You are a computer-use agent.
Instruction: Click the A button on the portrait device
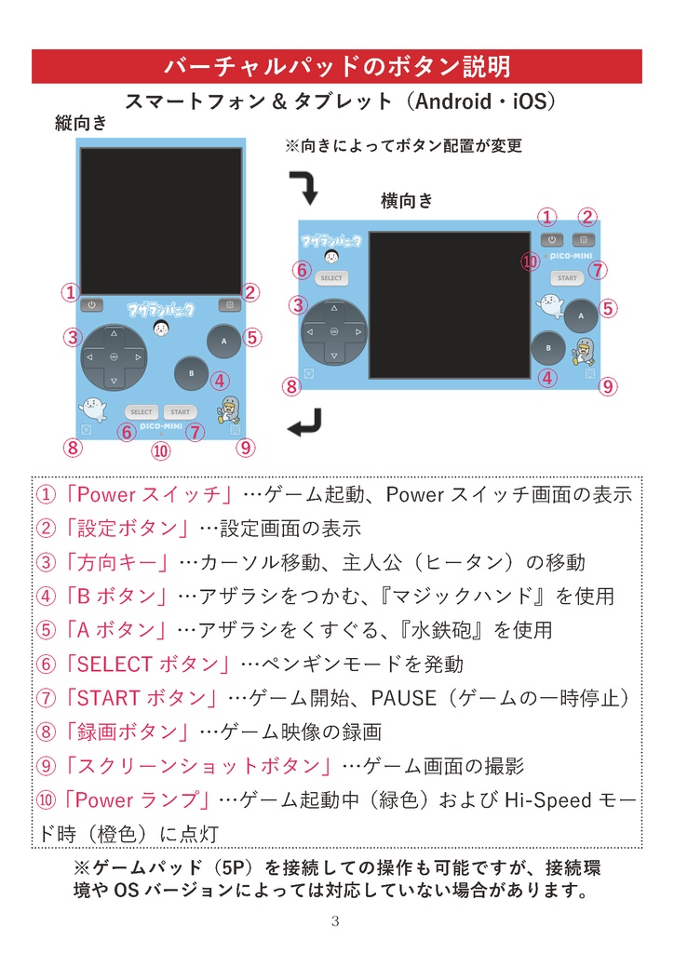tap(224, 342)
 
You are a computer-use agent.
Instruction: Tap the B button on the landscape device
tap(548, 347)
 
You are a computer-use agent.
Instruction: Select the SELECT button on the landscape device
tap(331, 277)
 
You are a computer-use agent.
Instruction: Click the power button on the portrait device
tap(92, 304)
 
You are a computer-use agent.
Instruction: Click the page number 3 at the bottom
tap(336, 922)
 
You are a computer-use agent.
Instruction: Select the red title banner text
tap(336, 67)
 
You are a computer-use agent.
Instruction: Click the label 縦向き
tap(82, 122)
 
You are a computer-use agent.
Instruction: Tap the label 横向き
tap(407, 200)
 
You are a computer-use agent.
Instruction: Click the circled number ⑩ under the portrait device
tap(161, 451)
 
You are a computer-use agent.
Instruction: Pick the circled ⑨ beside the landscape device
tap(608, 386)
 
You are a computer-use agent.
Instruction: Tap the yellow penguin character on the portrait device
tap(229, 408)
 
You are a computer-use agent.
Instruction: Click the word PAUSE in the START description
tap(402, 698)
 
